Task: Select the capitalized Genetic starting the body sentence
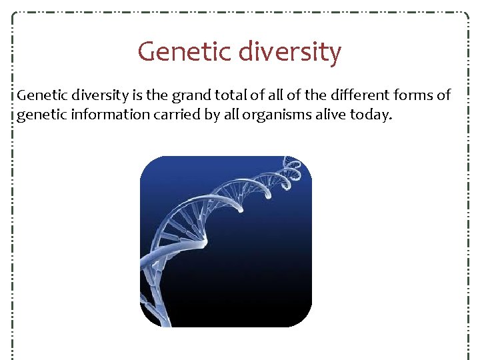37,96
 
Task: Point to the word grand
190,96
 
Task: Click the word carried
166,115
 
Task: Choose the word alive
314,115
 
